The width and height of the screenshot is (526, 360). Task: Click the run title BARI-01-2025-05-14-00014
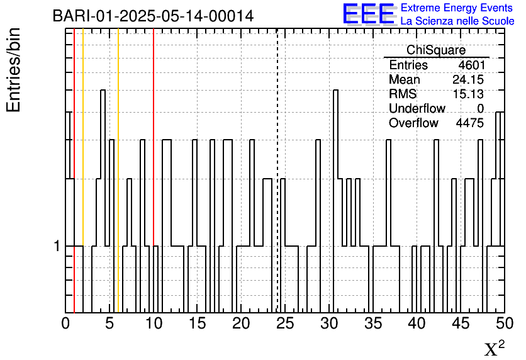pos(154,16)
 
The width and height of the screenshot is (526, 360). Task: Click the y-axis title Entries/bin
pos(13,70)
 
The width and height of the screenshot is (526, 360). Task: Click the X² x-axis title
pos(495,348)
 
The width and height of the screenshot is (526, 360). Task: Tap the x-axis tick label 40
pos(417,323)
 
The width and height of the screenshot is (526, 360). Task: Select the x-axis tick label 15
pos(198,323)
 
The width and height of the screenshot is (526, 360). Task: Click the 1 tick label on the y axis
pos(57,246)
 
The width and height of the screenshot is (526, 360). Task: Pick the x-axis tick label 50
pos(505,323)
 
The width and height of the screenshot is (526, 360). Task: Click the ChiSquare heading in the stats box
pos(436,50)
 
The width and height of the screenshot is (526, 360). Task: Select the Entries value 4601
pos(472,65)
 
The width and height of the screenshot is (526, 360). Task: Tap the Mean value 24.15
pos(468,79)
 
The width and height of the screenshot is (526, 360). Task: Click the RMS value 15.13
pos(468,94)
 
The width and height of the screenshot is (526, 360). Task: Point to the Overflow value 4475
pos(469,123)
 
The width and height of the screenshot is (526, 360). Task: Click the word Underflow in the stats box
pos(417,108)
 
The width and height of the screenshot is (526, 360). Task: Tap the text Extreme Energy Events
pos(457,8)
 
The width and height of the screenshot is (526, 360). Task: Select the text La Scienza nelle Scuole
pos(457,21)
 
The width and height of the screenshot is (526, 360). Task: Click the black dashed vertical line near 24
pos(277,171)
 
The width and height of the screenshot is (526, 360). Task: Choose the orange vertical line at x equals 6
pos(118,171)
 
